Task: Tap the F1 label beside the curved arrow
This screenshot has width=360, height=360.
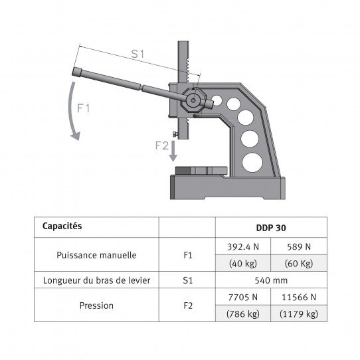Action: click(x=83, y=108)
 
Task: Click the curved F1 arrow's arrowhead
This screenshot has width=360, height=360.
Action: click(x=76, y=135)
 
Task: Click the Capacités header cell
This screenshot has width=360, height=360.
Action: click(x=62, y=226)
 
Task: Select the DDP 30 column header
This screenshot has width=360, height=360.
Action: click(x=272, y=226)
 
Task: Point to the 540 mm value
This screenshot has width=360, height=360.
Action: click(x=272, y=280)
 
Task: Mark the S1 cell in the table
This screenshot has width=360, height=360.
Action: click(x=187, y=280)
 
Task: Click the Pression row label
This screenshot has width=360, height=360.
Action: click(x=98, y=306)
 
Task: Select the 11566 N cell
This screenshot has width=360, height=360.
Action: click(x=300, y=297)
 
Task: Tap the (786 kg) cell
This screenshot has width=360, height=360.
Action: click(x=244, y=314)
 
